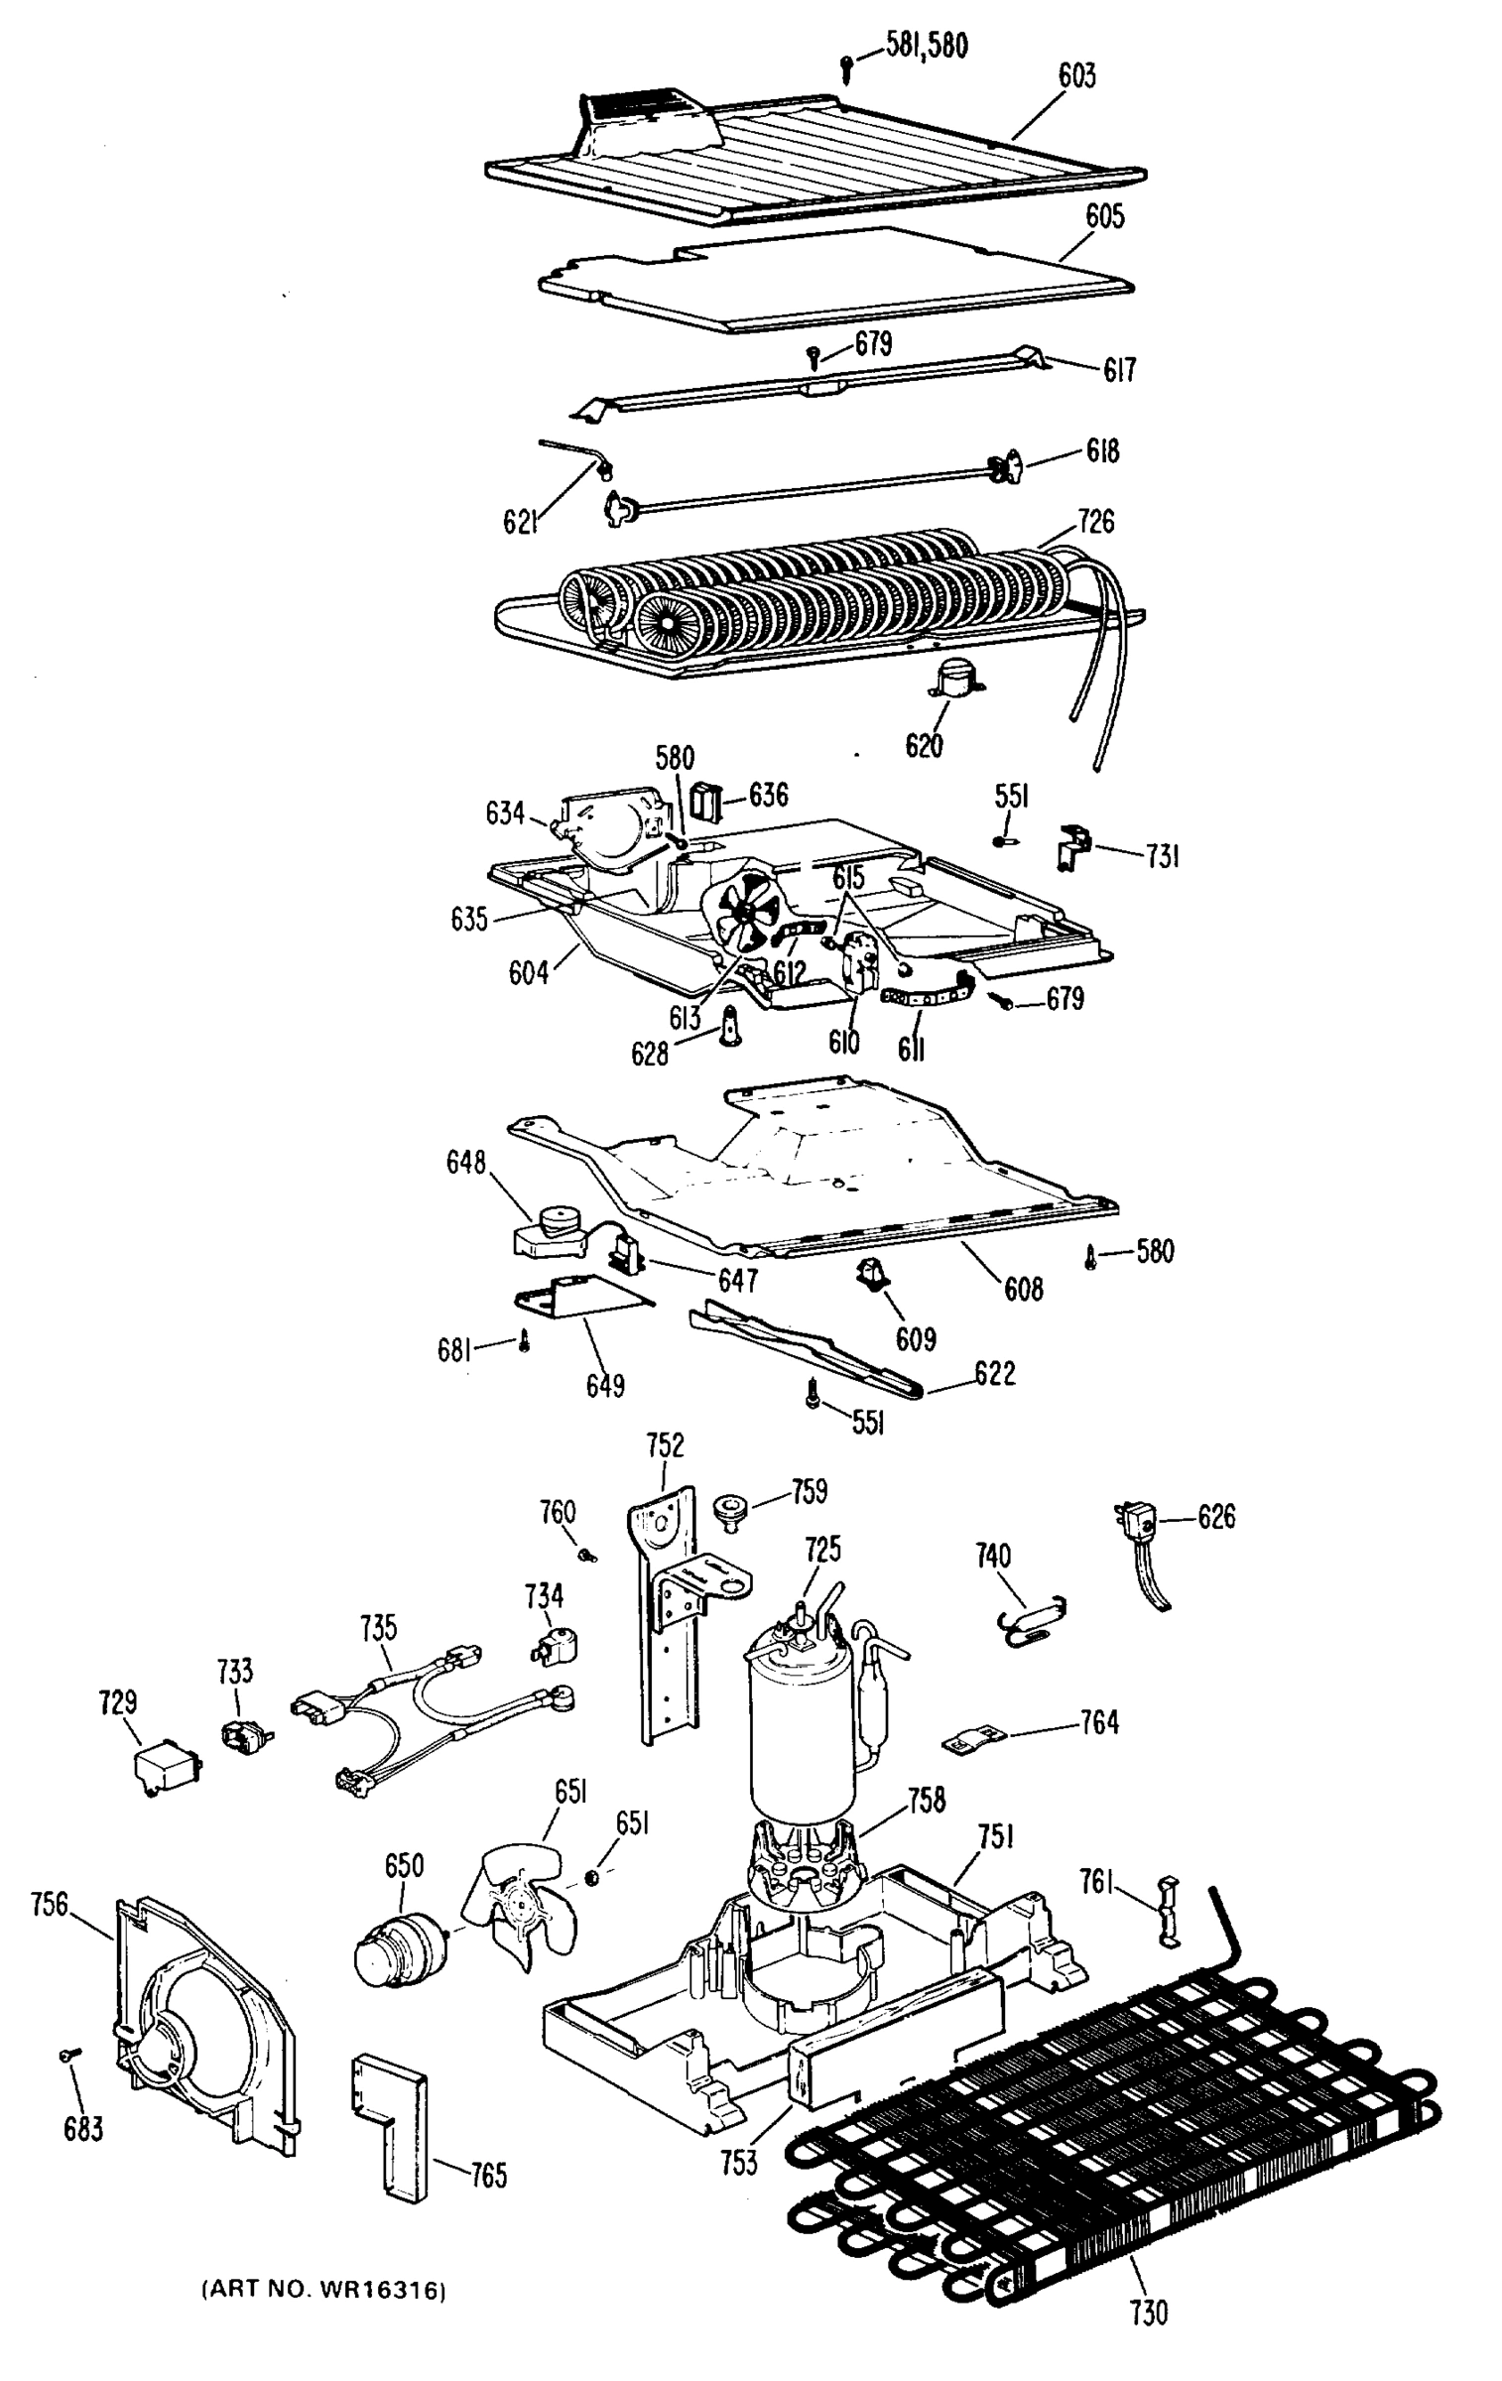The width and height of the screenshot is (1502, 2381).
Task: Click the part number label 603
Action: pos(1076,76)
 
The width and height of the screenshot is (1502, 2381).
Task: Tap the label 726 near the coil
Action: pos(1095,521)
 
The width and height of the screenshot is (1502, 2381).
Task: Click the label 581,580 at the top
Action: pos(926,46)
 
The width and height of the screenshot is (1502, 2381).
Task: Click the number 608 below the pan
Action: pos(1023,1289)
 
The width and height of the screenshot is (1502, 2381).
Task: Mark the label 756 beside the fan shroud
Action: pos(50,1904)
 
